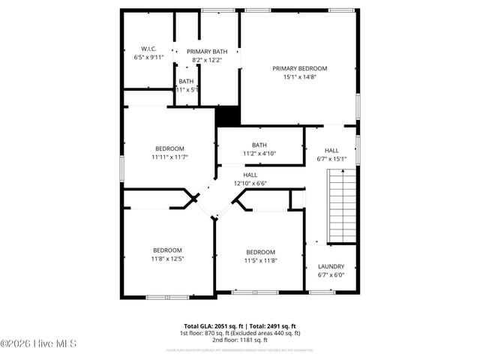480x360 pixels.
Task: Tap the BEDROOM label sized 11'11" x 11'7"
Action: [169, 148]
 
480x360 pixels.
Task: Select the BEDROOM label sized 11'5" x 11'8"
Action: [261, 252]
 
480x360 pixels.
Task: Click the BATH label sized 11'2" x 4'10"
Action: [259, 145]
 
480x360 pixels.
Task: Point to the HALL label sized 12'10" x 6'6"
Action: [250, 175]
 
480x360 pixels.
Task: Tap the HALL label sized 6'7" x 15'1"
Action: [331, 150]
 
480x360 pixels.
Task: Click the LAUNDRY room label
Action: [331, 266]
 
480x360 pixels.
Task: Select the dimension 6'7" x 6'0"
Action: [331, 274]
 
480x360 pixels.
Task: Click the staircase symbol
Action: [342, 205]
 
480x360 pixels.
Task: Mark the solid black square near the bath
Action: [227, 116]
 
